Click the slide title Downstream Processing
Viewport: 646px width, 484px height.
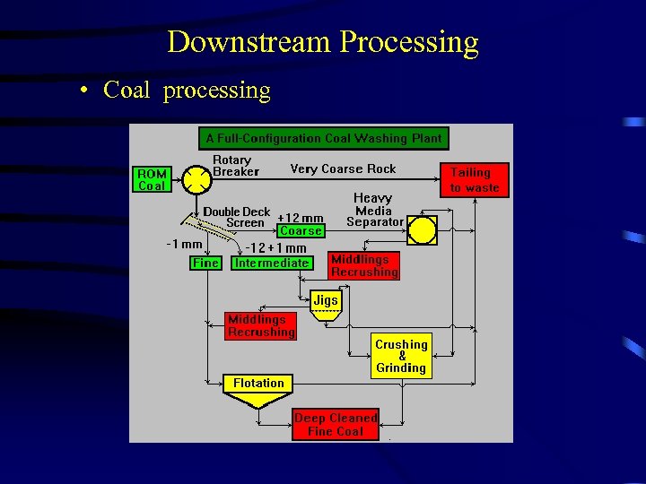[322, 42]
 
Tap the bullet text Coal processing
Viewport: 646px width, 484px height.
[187, 90]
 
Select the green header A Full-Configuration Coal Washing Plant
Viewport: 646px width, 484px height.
[323, 138]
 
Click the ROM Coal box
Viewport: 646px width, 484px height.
[152, 179]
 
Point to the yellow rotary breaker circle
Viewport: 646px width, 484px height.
[196, 179]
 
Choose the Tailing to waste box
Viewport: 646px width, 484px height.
[474, 179]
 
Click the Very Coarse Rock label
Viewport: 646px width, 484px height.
[343, 169]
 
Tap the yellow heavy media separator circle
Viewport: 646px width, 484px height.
[422, 230]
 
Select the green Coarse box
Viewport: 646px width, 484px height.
[301, 230]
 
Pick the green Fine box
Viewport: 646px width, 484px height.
[205, 263]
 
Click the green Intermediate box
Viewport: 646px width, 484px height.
[271, 263]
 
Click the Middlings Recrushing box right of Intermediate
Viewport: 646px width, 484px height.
[363, 265]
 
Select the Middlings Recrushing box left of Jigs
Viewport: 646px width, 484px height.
[260, 325]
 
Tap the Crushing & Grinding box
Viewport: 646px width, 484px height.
[401, 356]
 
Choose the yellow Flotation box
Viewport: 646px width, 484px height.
[258, 384]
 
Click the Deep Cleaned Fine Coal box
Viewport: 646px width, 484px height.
[335, 425]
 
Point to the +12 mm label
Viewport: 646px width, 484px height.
[300, 217]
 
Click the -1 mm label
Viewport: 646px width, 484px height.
[185, 244]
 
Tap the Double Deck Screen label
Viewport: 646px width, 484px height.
[236, 217]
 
